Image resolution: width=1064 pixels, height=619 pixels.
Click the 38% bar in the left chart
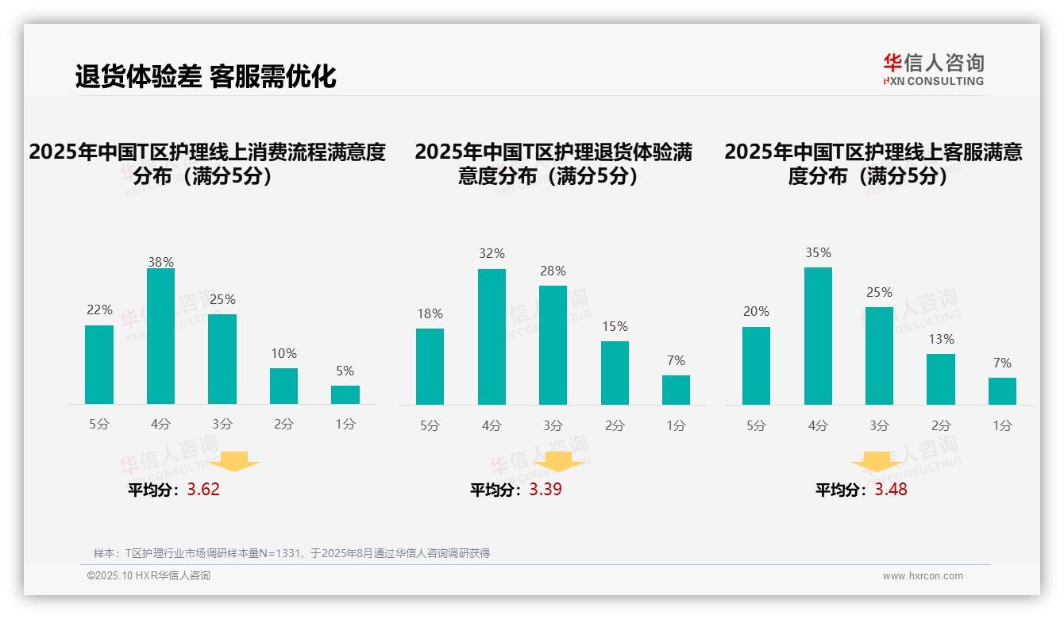160,336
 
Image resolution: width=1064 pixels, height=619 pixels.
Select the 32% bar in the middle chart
492,337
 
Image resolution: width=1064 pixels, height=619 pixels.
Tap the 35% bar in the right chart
818,336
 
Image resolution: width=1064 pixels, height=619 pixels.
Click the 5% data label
345,371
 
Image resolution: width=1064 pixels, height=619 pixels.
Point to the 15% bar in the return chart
615,373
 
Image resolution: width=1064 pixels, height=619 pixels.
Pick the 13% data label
941,339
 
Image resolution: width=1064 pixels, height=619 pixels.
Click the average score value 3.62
203,489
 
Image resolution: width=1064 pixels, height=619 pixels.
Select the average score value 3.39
545,489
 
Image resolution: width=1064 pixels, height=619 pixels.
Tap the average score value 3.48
891,489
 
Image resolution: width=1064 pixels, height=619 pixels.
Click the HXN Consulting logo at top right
933,69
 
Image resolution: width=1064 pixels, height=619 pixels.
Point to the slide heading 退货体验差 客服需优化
206,76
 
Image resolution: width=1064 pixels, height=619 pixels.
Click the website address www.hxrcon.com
923,576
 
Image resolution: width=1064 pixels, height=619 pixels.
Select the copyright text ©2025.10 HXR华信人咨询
148,576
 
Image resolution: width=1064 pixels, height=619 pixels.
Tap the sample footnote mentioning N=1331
291,553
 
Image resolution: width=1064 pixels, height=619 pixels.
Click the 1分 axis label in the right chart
1002,425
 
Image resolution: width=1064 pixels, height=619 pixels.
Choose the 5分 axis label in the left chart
99,424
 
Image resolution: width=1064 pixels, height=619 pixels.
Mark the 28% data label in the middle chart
553,271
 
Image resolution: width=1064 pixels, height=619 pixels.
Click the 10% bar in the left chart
283,386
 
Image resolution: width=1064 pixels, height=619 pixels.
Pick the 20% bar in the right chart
756,366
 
